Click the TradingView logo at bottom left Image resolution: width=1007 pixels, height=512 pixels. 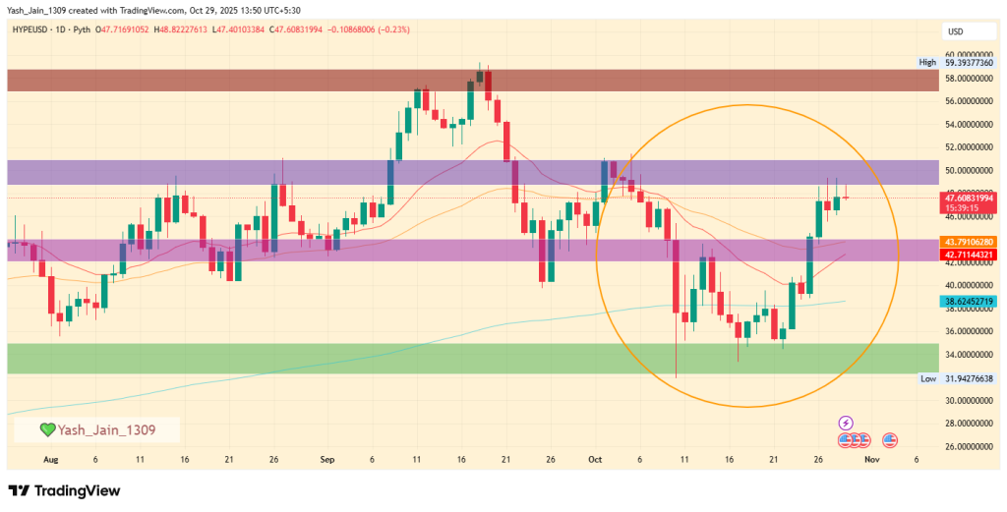pyautogui.click(x=64, y=489)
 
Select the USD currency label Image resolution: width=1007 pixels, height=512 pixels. pyautogui.click(x=954, y=30)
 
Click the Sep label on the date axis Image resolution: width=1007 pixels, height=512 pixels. pyautogui.click(x=327, y=459)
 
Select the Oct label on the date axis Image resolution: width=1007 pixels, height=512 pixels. pyautogui.click(x=594, y=459)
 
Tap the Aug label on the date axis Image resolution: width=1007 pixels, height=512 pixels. pyautogui.click(x=50, y=459)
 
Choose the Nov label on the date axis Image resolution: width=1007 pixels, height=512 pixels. pyautogui.click(x=870, y=459)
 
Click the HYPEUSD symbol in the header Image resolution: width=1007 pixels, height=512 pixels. pyautogui.click(x=35, y=29)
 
